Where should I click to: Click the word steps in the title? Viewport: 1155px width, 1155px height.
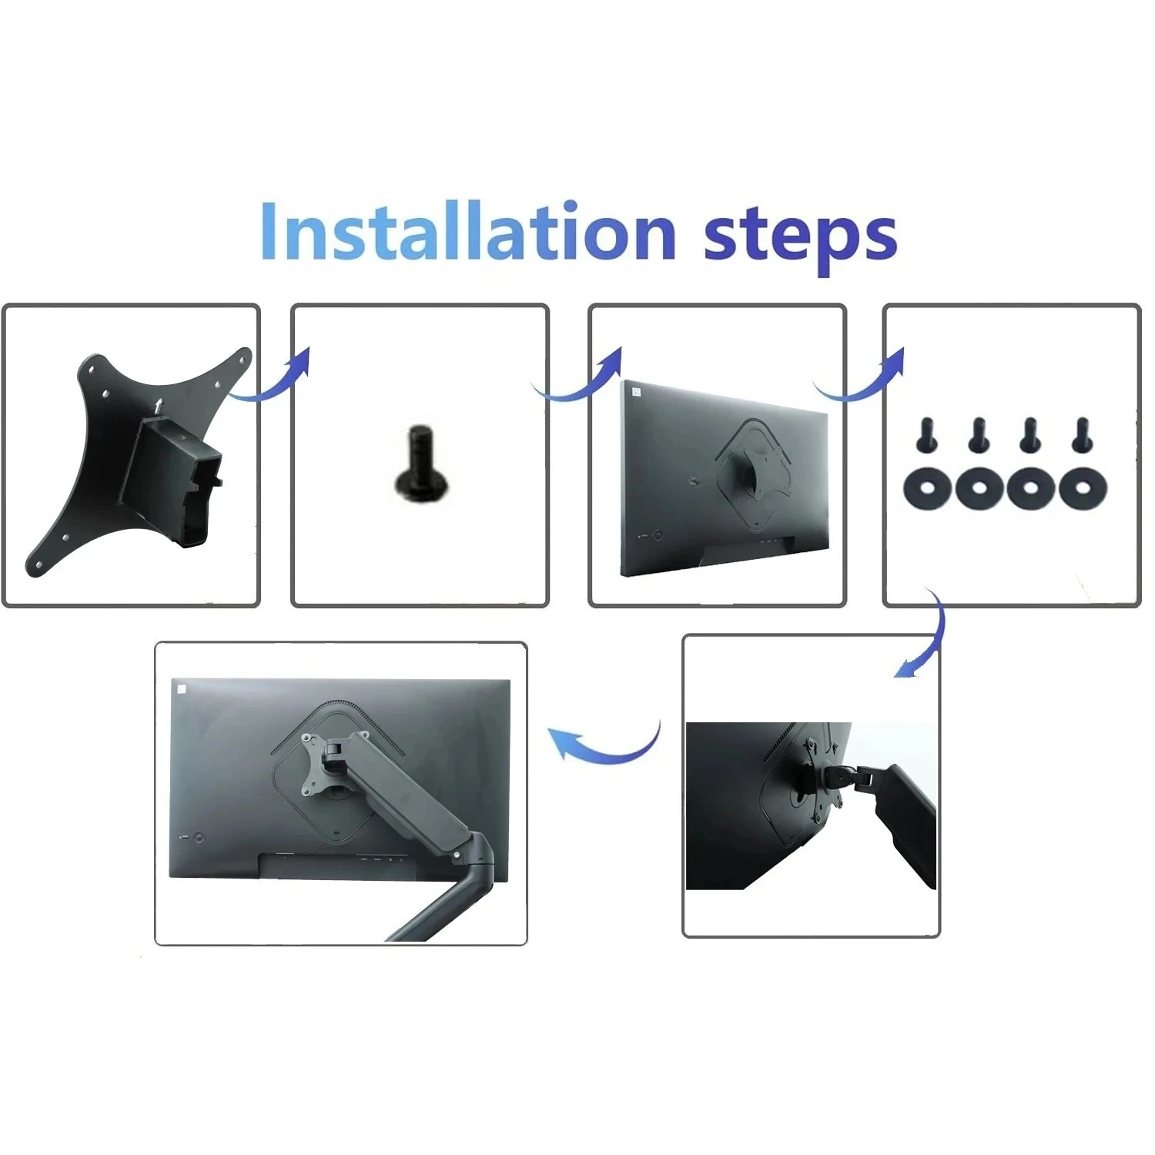(x=801, y=237)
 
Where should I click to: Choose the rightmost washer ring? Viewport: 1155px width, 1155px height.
(x=1083, y=487)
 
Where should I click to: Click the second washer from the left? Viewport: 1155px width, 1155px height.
(x=979, y=487)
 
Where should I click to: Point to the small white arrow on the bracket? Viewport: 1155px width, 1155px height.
(x=159, y=406)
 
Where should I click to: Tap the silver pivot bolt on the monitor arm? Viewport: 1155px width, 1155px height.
(x=457, y=854)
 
